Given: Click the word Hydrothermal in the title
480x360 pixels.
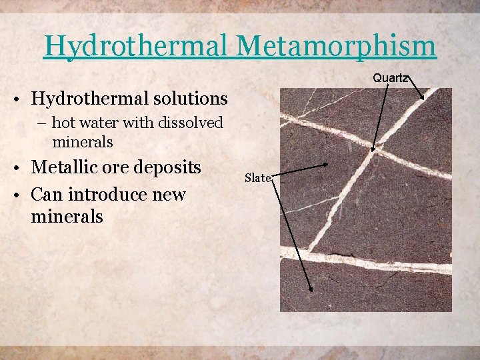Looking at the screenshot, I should click(137, 45).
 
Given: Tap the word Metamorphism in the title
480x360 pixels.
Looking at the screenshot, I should click(336, 45).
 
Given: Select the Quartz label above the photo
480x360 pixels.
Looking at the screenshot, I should click(391, 77).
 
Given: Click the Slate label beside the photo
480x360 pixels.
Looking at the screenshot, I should click(257, 177).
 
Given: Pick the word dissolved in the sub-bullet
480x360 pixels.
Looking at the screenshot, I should click(192, 123).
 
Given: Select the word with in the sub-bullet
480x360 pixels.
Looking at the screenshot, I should click(135, 123).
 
